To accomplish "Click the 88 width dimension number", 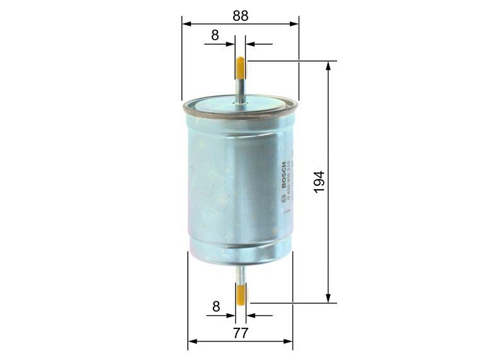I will [240, 16].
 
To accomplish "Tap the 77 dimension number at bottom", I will [240, 332].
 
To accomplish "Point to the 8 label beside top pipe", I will [215, 36].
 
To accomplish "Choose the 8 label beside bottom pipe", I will [215, 307].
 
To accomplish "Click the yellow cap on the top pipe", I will [241, 66].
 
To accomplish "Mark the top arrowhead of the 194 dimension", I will [328, 66].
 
